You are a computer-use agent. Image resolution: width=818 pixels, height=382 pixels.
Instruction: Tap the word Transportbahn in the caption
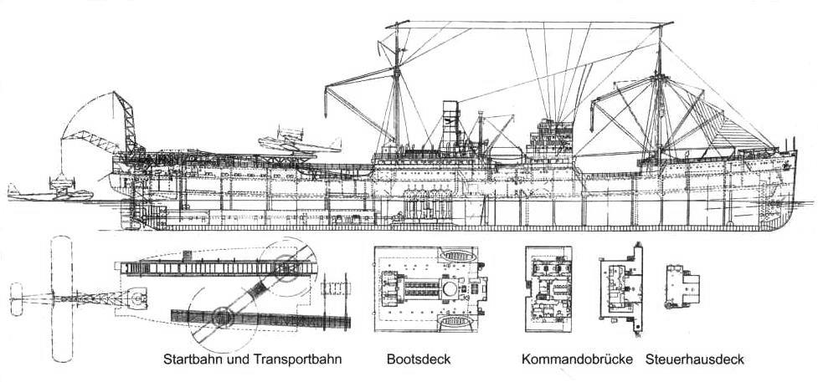coord(296,359)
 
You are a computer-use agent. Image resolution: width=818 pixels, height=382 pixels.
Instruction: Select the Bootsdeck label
coord(419,359)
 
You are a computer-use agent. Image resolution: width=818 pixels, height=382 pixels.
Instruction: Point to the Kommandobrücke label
coord(574,359)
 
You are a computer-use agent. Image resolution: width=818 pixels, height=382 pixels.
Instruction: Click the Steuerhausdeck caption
coord(694,359)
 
